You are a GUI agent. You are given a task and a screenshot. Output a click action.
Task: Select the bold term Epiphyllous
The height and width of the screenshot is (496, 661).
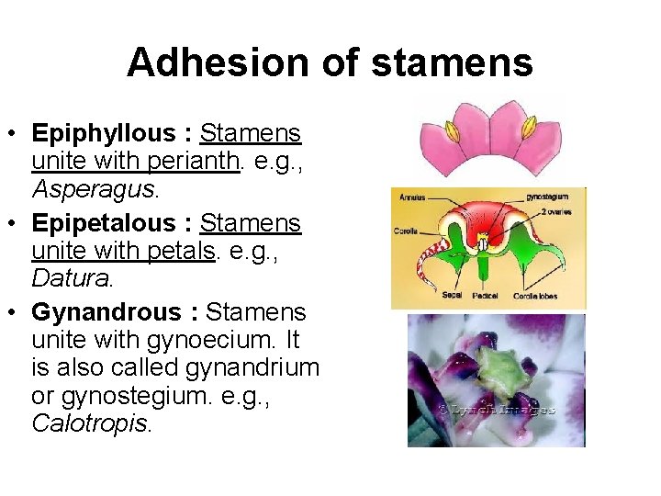102,133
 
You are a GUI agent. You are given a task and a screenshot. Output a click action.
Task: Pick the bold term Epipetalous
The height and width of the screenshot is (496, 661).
103,222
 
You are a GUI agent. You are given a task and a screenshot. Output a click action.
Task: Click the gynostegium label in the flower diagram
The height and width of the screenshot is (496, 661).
547,197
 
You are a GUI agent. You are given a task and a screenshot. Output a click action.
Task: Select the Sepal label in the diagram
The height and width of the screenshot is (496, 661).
453,296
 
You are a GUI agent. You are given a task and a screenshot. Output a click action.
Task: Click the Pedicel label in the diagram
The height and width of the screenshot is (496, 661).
486,296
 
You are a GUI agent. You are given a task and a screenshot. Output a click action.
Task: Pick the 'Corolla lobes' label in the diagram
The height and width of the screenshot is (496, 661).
535,296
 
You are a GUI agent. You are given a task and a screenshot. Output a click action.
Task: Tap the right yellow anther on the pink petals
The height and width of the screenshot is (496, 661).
529,130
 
